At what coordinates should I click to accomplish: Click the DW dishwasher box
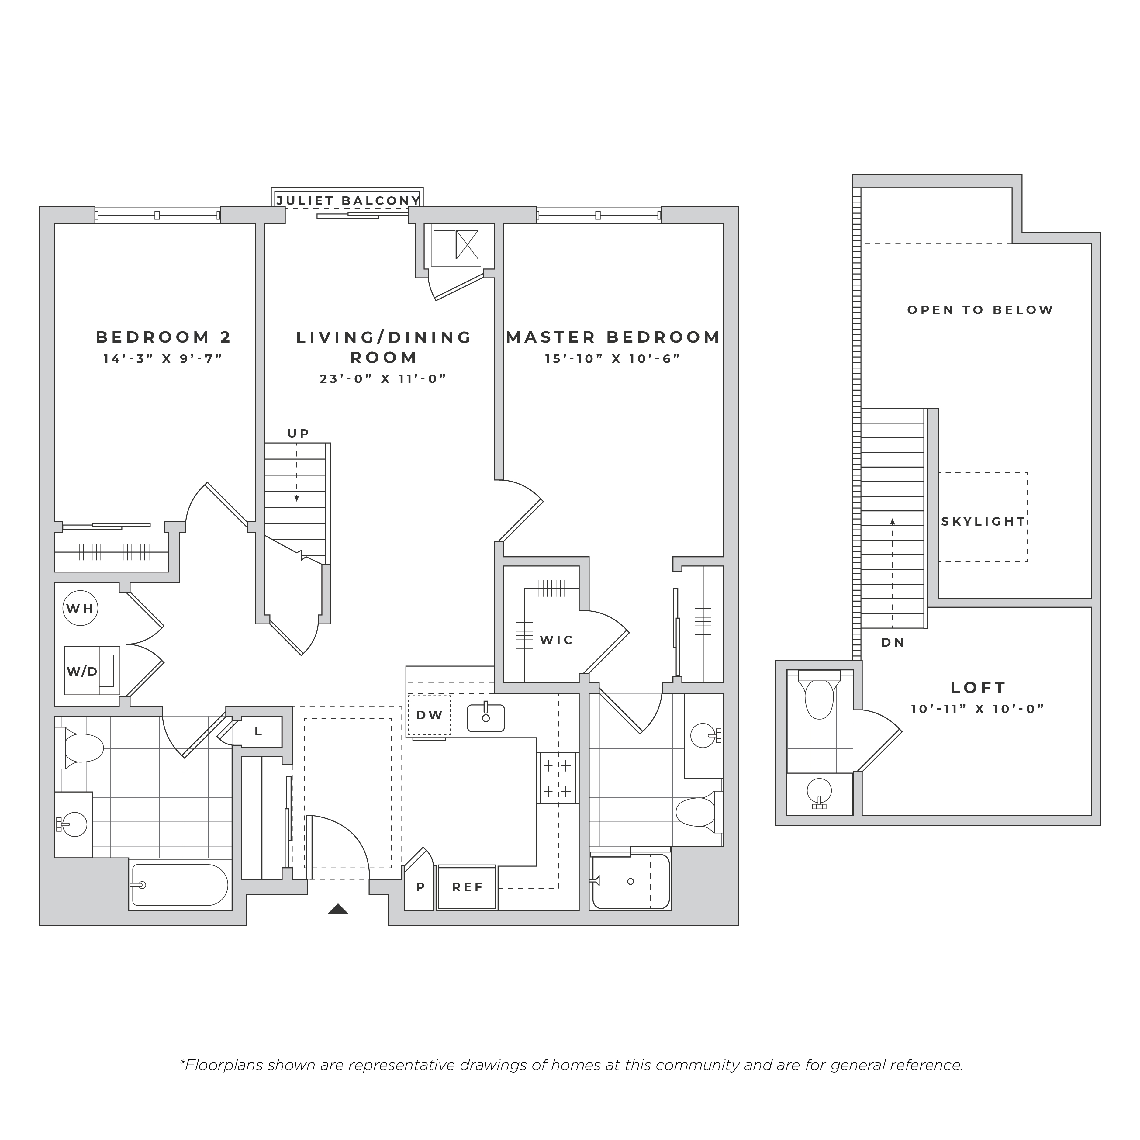pyautogui.click(x=429, y=715)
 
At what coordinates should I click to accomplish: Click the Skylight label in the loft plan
pyautogui.click(x=983, y=522)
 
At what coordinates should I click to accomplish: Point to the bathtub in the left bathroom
pyautogui.click(x=179, y=885)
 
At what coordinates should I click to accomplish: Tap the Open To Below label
pyautogui.click(x=980, y=310)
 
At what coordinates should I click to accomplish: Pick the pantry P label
pyautogui.click(x=421, y=887)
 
